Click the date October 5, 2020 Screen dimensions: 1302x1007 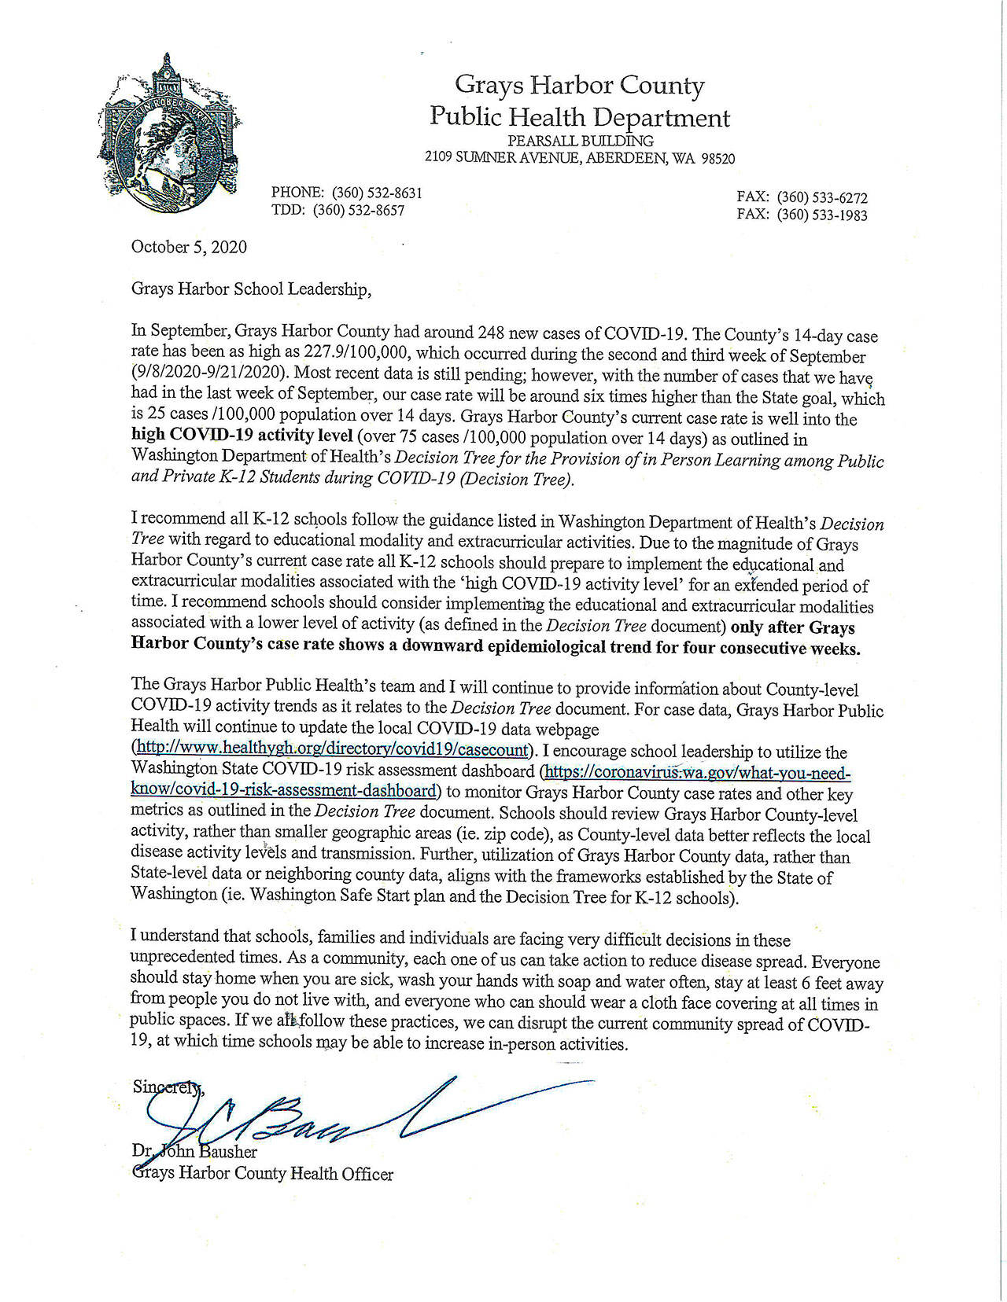(189, 247)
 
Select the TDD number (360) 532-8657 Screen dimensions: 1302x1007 (359, 210)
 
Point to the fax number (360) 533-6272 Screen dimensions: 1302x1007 (822, 197)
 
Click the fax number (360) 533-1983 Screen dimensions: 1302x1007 (822, 215)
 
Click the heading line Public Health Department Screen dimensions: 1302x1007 (579, 118)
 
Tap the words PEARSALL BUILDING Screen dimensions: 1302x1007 (580, 141)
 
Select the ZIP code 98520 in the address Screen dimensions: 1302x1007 (715, 158)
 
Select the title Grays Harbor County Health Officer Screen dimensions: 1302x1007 (262, 1174)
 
